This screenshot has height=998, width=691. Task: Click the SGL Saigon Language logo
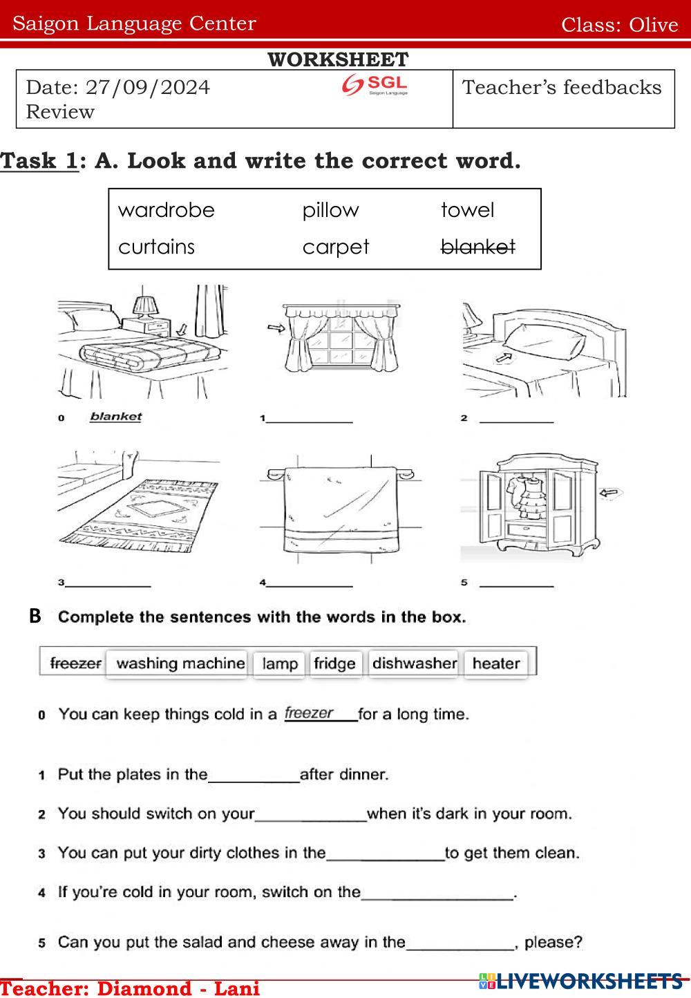(375, 85)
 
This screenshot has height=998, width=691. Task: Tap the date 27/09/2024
(147, 88)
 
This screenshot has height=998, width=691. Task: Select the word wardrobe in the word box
(167, 210)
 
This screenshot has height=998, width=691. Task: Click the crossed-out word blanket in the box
(478, 247)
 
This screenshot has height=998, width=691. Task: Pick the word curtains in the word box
(157, 247)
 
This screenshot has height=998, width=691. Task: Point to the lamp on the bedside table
(146, 306)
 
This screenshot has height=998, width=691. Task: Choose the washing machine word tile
(180, 663)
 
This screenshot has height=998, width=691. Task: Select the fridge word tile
(334, 663)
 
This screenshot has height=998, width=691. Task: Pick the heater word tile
(496, 663)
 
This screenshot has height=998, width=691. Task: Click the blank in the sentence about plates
(254, 775)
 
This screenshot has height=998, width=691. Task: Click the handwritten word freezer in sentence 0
(310, 713)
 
